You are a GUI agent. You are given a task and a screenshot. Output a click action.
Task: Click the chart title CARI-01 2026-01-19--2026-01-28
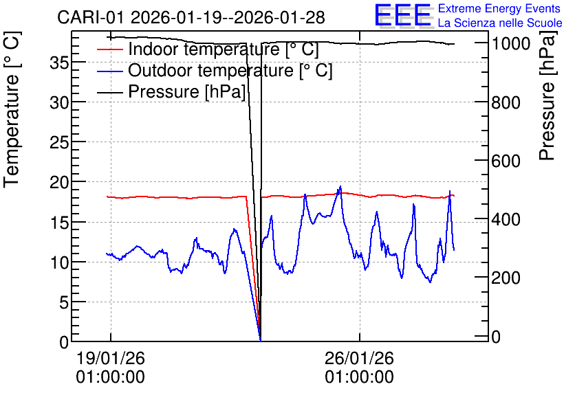[x=191, y=17]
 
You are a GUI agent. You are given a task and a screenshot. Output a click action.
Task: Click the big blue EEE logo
[x=403, y=15]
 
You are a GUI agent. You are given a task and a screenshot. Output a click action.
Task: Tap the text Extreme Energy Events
[x=499, y=8]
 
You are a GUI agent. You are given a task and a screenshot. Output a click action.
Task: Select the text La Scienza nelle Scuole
[x=500, y=23]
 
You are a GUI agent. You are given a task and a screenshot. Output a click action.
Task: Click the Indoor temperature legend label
[x=224, y=49]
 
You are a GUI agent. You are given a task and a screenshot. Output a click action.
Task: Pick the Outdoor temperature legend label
[x=230, y=70]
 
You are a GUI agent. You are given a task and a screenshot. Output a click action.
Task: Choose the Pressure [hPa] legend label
[x=186, y=91]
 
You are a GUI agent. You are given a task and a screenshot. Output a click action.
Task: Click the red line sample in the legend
[x=109, y=49]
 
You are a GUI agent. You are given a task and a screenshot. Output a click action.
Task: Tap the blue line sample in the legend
[x=109, y=71]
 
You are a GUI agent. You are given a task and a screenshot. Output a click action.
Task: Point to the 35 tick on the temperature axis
[x=59, y=63]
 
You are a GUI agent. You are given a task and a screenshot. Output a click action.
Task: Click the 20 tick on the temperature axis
[x=59, y=182]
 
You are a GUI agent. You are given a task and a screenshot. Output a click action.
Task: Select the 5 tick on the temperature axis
[x=64, y=302]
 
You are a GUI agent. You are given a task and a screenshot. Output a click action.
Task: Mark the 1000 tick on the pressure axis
[x=511, y=43]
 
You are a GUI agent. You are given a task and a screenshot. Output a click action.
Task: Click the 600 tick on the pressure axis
[x=506, y=161]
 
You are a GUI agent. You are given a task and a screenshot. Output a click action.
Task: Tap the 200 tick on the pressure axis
[x=506, y=278]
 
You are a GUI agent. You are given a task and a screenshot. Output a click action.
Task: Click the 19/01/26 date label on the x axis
[x=110, y=358]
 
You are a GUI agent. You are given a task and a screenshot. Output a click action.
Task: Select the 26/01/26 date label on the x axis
[x=359, y=358]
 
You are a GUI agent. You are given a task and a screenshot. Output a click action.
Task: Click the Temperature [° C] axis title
[x=12, y=110]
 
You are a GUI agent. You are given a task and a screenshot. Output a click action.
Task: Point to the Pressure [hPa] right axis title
[x=547, y=96]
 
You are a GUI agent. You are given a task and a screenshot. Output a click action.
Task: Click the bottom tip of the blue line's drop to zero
[x=261, y=340]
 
